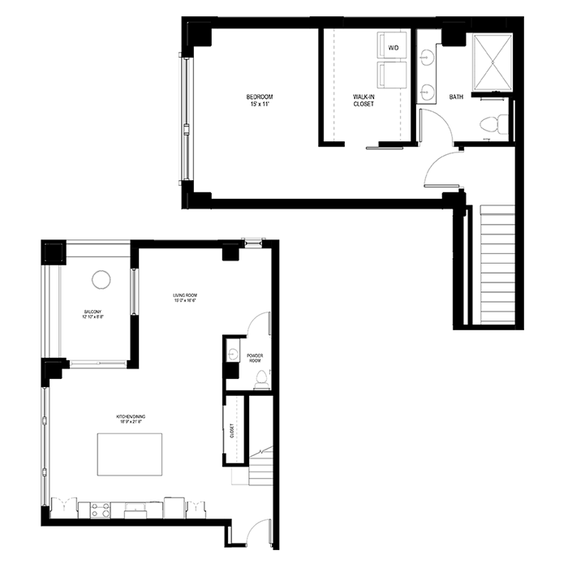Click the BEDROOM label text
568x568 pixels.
[x=260, y=97]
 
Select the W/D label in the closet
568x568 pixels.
[x=394, y=49]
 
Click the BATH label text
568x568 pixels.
[x=456, y=97]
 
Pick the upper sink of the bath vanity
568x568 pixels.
[x=427, y=58]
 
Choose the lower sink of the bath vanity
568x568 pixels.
[x=427, y=90]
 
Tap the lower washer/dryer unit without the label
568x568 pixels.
[x=394, y=80]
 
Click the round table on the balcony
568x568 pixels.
[x=101, y=280]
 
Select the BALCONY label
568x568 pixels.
[x=93, y=312]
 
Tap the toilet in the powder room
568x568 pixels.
[x=261, y=380]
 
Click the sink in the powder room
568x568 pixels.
[x=232, y=354]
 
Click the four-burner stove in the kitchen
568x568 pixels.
[x=101, y=510]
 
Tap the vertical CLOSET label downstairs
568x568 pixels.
[x=232, y=431]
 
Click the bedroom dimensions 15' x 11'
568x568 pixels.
[x=260, y=105]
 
